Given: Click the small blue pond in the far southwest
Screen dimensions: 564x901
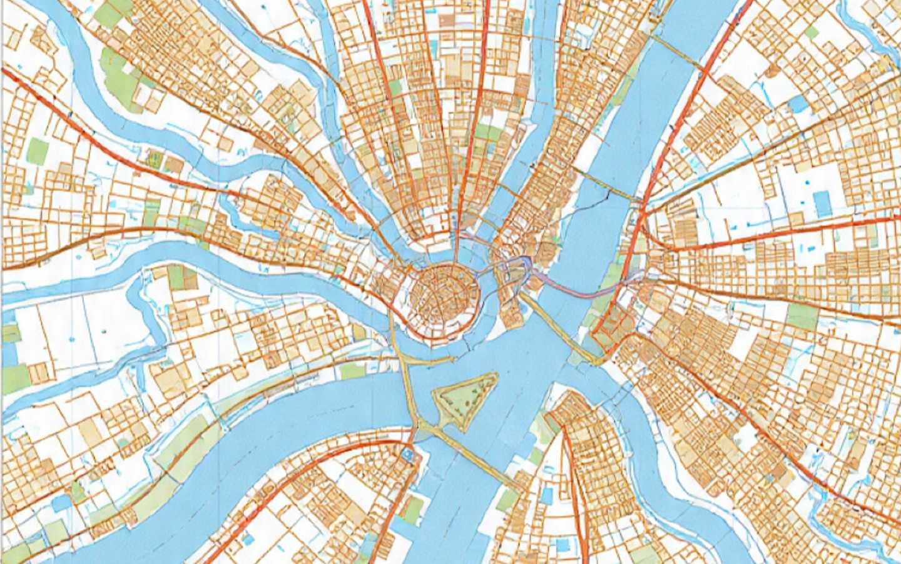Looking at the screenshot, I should tap(63, 503).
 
